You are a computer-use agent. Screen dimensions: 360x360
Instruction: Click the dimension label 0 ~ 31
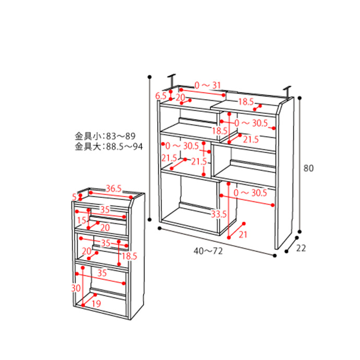tap(208, 85)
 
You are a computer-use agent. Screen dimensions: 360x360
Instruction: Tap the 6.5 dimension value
tap(161, 96)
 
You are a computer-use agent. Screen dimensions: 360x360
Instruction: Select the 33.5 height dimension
tap(219, 214)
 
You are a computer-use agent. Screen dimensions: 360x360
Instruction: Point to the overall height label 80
tap(309, 168)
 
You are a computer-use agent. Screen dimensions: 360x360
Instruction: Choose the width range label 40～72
tap(208, 251)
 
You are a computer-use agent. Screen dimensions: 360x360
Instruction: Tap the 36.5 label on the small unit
tap(114, 188)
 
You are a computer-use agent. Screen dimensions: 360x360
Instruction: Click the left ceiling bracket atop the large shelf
tap(172, 81)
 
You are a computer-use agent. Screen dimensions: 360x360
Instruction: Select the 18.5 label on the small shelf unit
tap(129, 256)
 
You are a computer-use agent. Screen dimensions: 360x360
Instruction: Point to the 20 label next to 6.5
tap(180, 97)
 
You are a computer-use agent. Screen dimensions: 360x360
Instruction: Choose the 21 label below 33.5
tap(243, 235)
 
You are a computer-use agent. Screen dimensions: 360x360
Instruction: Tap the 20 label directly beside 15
tap(104, 227)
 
